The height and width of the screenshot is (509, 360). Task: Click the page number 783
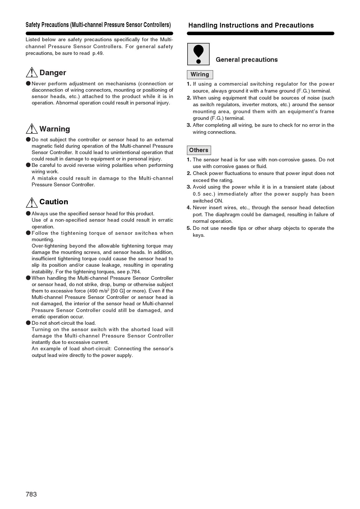pos(31,494)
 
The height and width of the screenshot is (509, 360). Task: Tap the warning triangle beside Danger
pos(32,73)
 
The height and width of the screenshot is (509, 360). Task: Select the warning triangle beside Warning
pos(32,129)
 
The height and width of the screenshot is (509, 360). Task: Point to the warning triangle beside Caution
pos(32,202)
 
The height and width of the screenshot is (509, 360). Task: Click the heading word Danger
pos(53,73)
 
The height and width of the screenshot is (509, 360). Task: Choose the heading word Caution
pos(54,202)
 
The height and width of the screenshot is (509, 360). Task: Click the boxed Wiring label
pos(200,75)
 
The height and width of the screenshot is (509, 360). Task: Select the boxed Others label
pos(199,150)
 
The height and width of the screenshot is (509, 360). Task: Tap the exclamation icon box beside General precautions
pos(198,54)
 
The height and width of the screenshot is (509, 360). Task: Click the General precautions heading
pos(246,60)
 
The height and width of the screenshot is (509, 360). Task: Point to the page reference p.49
pos(98,53)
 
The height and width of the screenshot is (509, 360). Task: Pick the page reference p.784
pos(134,272)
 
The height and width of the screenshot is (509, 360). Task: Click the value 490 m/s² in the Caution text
pos(98,291)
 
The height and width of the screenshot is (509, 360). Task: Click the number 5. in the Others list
pos(189,228)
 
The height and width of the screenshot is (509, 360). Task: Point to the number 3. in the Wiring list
pos(189,125)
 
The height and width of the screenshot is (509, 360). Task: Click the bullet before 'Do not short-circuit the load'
pos(28,323)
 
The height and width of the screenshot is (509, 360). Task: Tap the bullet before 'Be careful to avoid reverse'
pos(28,165)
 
